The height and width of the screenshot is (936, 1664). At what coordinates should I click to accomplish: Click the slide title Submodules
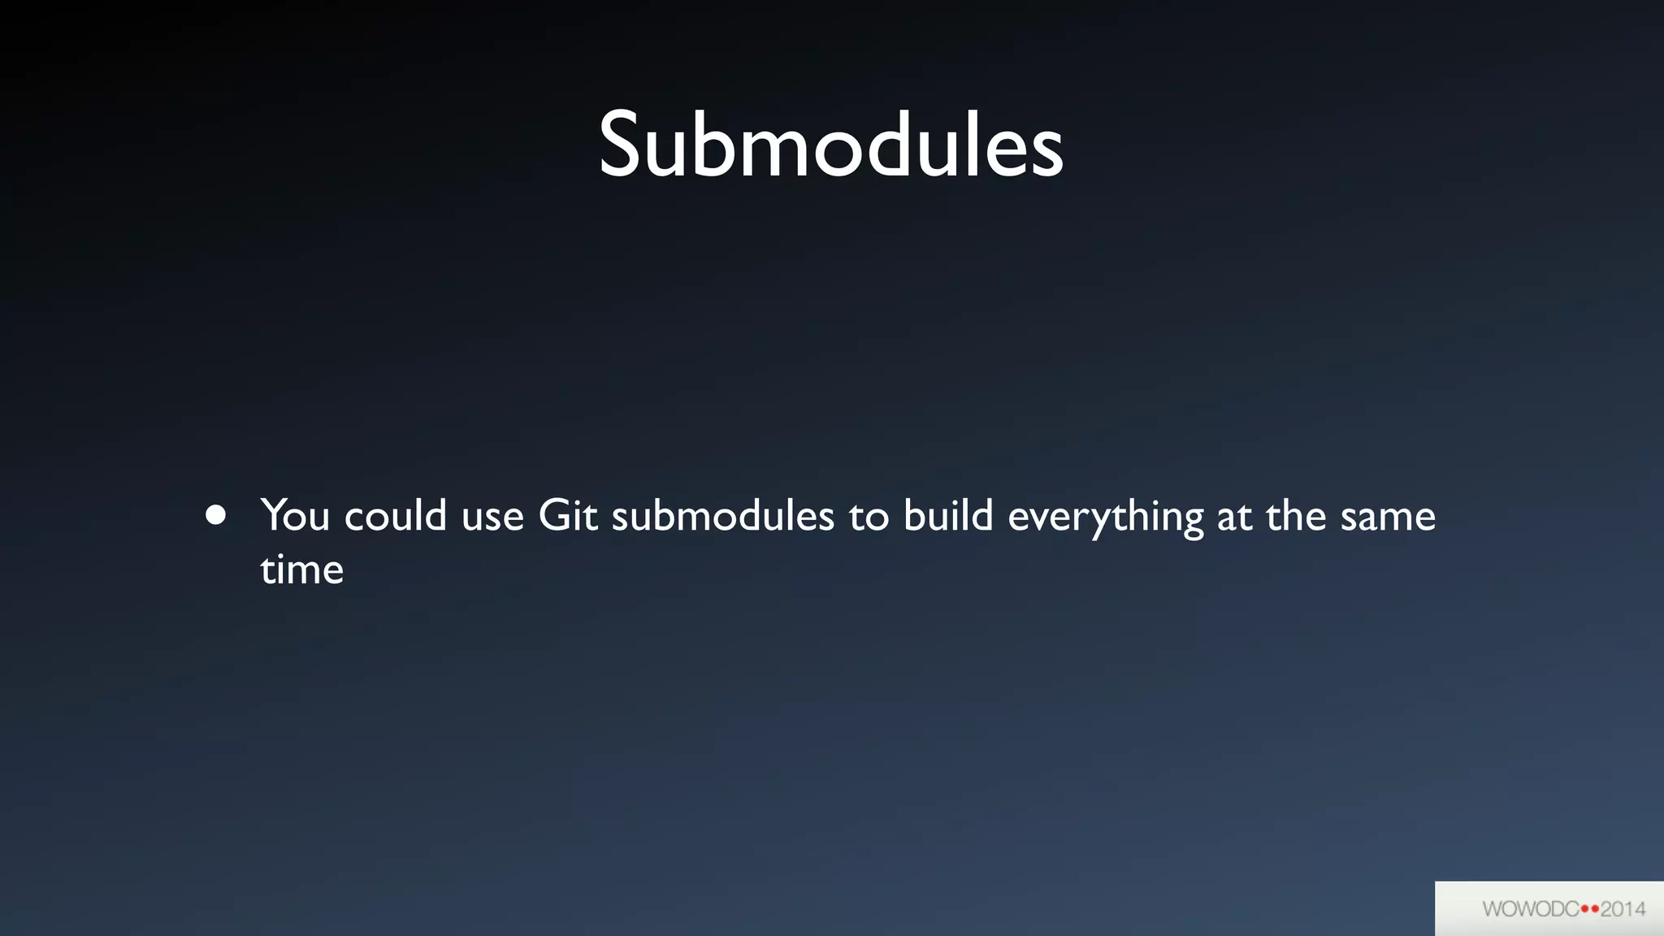(830, 146)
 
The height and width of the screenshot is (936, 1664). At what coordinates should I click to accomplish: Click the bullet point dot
(215, 515)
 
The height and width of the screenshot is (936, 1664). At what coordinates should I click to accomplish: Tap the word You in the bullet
(295, 516)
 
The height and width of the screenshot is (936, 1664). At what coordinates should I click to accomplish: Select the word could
(396, 516)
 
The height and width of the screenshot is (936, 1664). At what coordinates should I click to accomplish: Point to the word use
(492, 518)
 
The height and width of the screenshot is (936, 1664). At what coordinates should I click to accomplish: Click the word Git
(568, 516)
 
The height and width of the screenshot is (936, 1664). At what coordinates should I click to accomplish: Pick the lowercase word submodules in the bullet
(722, 516)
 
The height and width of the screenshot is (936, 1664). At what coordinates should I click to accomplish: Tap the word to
(869, 518)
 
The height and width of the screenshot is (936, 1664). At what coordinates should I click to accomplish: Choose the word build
(948, 516)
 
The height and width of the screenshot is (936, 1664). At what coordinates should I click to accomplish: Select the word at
(1234, 518)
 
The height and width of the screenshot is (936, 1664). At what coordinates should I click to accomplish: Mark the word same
(1388, 518)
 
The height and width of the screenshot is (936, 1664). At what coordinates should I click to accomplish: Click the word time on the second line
(301, 570)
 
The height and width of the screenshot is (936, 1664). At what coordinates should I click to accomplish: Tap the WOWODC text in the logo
(1530, 909)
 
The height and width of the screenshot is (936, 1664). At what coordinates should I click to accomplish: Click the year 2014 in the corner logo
(1623, 909)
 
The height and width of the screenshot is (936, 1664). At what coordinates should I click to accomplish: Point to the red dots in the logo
(1590, 909)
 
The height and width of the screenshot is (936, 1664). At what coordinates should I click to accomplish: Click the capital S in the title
(622, 146)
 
